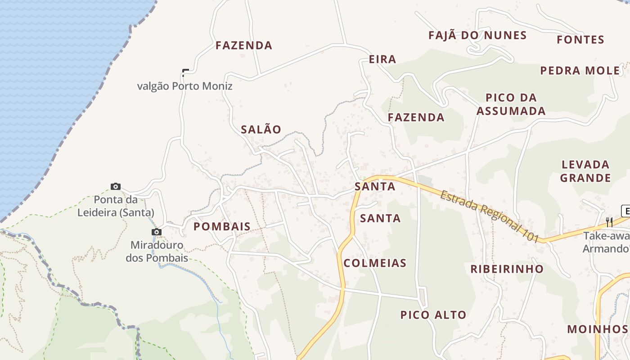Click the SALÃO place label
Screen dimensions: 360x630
click(x=261, y=130)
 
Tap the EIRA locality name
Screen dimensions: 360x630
click(x=382, y=59)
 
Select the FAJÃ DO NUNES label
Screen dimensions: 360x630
click(x=477, y=36)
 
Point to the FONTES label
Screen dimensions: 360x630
click(x=580, y=40)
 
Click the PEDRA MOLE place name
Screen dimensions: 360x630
click(x=580, y=71)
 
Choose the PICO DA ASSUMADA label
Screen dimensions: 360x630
click(x=511, y=104)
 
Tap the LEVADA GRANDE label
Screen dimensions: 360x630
click(x=585, y=171)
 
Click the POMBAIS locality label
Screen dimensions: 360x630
click(x=222, y=227)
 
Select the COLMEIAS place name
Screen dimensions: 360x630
click(x=375, y=263)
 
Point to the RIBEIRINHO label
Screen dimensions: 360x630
click(x=507, y=269)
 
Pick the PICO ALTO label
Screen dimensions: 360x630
click(x=433, y=315)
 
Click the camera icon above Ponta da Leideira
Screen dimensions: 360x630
click(x=116, y=186)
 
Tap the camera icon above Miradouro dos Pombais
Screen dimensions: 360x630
click(x=157, y=232)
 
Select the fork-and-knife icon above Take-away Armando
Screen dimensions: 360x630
click(x=609, y=222)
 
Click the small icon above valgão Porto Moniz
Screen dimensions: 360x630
click(x=185, y=72)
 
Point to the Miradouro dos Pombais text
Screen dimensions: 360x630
click(x=157, y=252)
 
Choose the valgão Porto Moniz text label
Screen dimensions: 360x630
click(x=185, y=86)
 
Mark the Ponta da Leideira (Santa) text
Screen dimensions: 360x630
click(x=116, y=206)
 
